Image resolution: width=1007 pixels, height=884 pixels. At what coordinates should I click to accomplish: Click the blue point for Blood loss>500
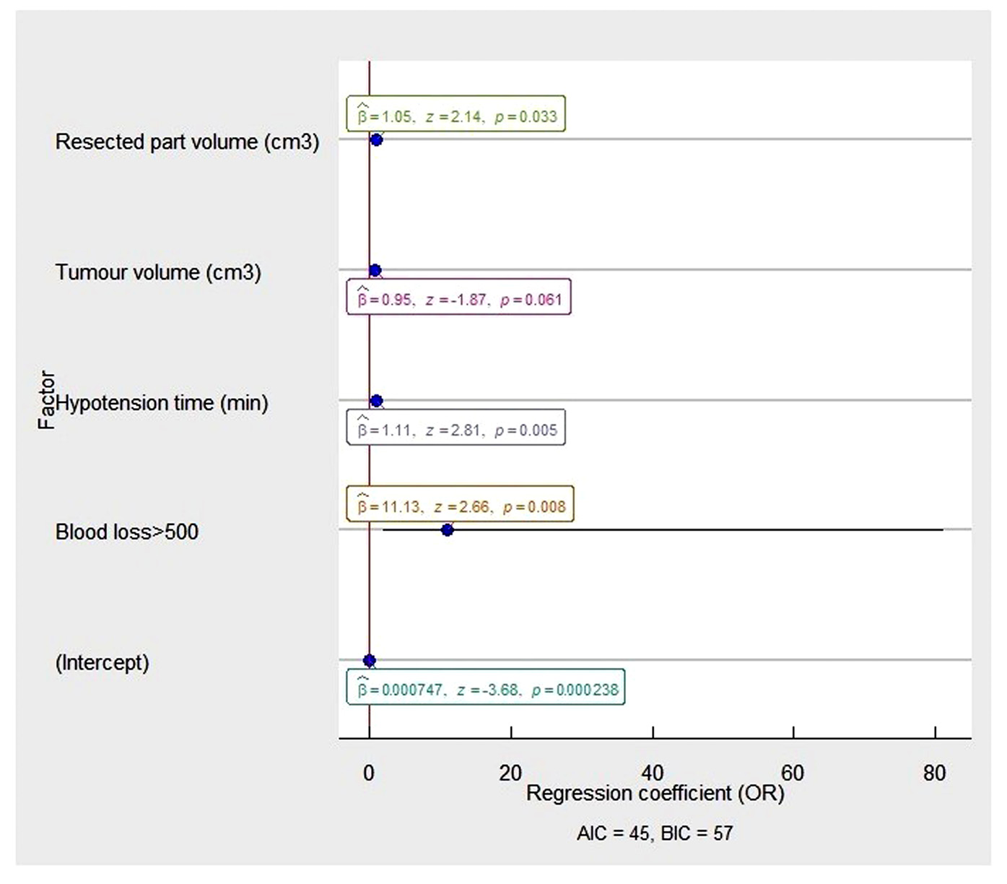pyautogui.click(x=447, y=529)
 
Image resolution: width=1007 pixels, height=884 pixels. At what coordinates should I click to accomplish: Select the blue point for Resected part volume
pyautogui.click(x=376, y=139)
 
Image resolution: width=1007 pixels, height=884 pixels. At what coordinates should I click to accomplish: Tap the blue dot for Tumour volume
pyautogui.click(x=375, y=270)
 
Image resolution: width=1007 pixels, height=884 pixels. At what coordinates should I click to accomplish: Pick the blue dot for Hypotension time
pyautogui.click(x=376, y=401)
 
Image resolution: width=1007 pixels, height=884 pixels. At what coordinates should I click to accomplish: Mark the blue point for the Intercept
pyautogui.click(x=370, y=660)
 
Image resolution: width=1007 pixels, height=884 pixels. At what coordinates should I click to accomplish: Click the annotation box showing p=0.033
pyautogui.click(x=455, y=114)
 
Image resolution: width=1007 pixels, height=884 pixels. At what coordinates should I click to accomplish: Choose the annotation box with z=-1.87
pyautogui.click(x=458, y=297)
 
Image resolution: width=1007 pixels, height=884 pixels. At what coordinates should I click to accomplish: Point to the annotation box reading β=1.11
pyautogui.click(x=455, y=428)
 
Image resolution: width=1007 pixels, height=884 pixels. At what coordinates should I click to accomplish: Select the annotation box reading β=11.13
pyautogui.click(x=460, y=504)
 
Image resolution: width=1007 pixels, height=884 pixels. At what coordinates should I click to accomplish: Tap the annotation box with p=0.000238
pyautogui.click(x=486, y=688)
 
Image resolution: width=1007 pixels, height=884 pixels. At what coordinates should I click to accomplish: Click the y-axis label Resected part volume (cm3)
pyautogui.click(x=187, y=142)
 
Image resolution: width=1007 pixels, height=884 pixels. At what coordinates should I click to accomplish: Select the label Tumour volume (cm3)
pyautogui.click(x=158, y=272)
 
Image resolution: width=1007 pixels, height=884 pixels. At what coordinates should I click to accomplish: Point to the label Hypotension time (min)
pyautogui.click(x=162, y=403)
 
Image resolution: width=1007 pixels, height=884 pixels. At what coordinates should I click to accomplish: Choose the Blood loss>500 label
pyautogui.click(x=127, y=532)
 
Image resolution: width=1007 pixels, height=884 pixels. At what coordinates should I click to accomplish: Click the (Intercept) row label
pyautogui.click(x=103, y=662)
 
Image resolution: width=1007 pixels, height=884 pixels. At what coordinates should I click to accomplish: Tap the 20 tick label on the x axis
pyautogui.click(x=510, y=773)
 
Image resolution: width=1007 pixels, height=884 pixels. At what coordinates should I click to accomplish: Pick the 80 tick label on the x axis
pyautogui.click(x=934, y=773)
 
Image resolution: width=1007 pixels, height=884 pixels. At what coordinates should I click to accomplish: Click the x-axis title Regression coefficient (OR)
pyautogui.click(x=655, y=794)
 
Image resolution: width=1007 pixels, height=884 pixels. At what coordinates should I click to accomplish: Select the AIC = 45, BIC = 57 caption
pyautogui.click(x=655, y=833)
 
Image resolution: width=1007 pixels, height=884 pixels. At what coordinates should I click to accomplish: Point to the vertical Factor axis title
pyautogui.click(x=46, y=400)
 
